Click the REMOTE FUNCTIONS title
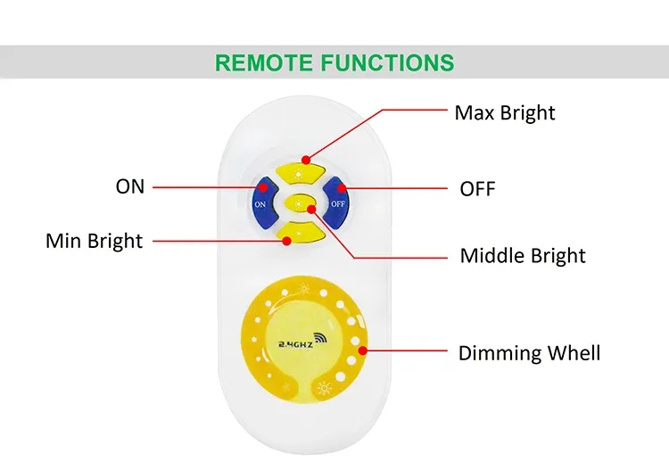[334, 62]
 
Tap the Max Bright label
[504, 113]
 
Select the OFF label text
[477, 189]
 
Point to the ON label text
[129, 186]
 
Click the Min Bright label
[94, 241]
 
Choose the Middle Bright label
[523, 256]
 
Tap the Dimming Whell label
[529, 352]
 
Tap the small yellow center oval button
[300, 202]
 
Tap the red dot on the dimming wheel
[363, 351]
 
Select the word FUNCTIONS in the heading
[387, 62]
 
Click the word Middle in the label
[488, 256]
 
